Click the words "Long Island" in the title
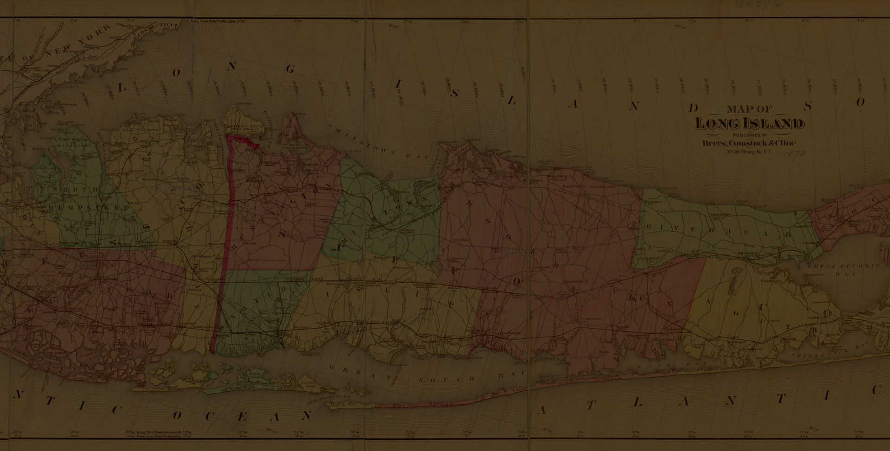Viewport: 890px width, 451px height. [749, 124]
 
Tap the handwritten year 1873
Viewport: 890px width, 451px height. [794, 154]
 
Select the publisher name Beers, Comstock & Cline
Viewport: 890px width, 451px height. [749, 143]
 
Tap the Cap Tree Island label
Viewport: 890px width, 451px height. [308, 384]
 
